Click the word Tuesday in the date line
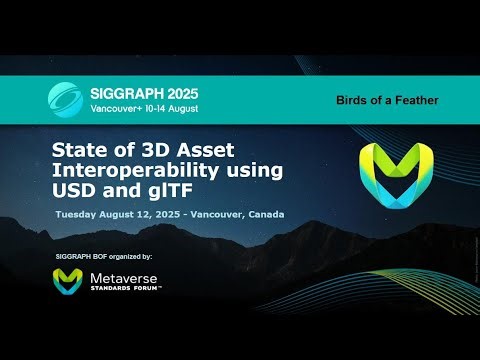tap(79, 214)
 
